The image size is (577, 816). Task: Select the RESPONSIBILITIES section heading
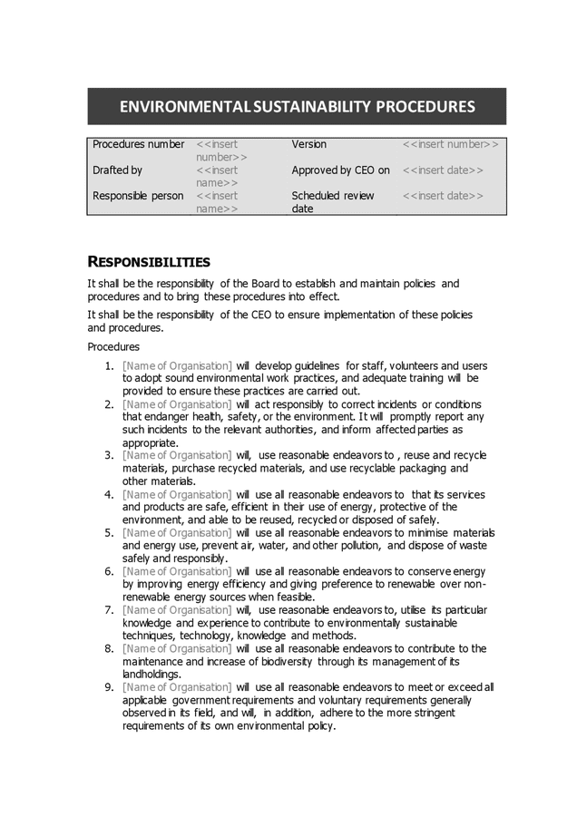148,262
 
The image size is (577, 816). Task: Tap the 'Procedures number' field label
138,144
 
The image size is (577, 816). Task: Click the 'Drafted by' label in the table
117,170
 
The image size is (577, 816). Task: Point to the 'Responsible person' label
138,196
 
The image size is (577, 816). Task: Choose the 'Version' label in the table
308,144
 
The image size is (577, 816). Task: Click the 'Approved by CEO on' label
340,170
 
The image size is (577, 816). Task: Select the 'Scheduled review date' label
332,201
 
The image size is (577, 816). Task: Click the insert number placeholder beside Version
450,144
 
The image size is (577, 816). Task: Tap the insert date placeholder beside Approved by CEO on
443,170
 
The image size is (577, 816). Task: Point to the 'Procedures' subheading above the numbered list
113,346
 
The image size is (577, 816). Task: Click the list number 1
108,365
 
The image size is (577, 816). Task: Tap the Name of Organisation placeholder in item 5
177,532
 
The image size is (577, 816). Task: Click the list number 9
108,687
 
